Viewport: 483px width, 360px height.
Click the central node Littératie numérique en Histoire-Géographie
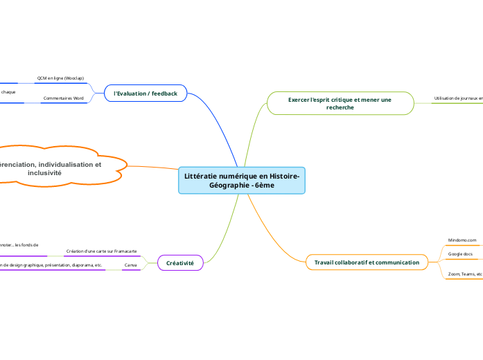242,180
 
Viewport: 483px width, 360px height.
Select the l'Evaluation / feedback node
146,93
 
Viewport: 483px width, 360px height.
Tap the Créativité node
180,263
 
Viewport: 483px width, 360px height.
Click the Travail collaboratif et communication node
367,262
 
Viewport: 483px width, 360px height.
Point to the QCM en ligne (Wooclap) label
60,78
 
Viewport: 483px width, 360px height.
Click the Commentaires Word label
63,98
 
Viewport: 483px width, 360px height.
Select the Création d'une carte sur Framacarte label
101,251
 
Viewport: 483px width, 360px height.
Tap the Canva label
130,265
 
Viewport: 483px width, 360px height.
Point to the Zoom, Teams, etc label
464,274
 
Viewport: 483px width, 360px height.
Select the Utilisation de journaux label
457,98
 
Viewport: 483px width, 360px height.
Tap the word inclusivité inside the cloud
44,172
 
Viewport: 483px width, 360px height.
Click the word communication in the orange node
396,262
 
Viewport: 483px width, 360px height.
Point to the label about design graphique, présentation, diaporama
53,265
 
